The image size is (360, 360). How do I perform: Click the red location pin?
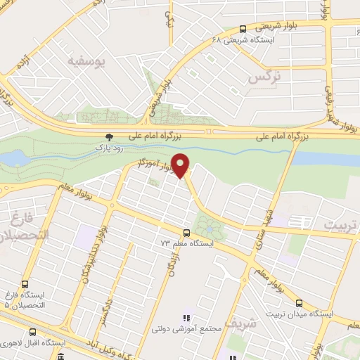tap(182, 165)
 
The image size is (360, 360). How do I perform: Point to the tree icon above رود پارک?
tap(108, 137)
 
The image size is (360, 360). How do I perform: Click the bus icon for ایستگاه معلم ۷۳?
tap(186, 233)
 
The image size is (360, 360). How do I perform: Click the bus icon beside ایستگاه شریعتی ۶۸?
tap(243, 29)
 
